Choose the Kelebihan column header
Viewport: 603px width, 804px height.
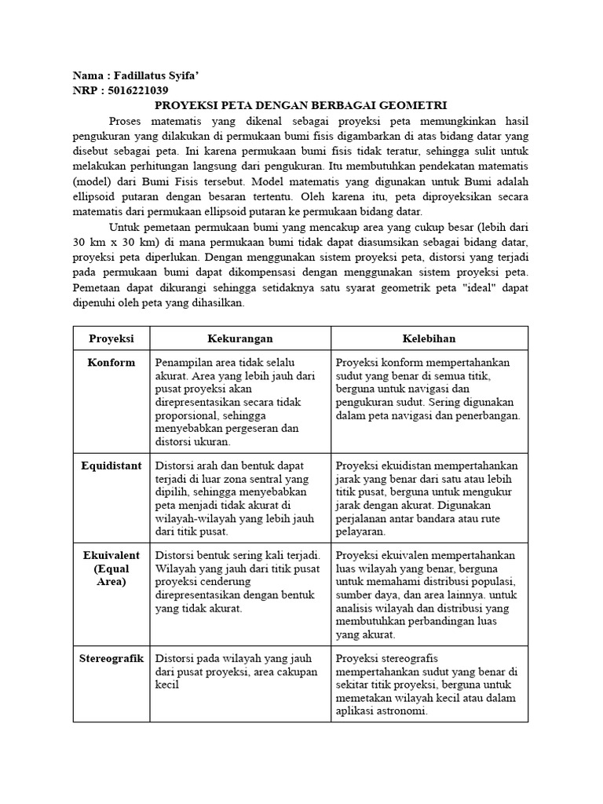tap(429, 338)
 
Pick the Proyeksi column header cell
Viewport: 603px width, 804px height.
tap(111, 338)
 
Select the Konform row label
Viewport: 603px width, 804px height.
tap(111, 363)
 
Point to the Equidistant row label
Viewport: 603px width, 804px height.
tap(111, 466)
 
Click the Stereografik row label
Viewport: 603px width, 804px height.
tap(111, 658)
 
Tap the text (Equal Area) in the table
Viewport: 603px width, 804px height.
tap(111, 575)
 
